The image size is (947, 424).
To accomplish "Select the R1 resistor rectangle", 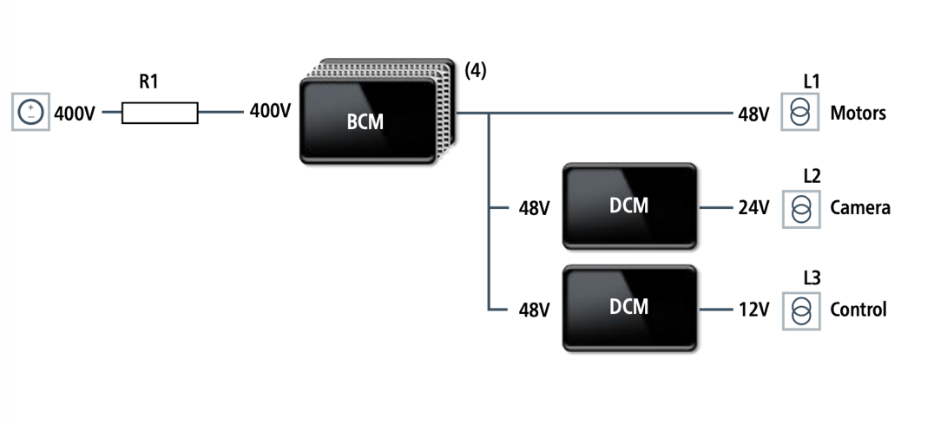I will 160,113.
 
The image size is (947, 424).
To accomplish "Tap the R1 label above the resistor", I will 149,83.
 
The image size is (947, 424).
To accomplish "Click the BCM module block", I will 366,121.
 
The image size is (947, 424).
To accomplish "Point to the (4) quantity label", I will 476,71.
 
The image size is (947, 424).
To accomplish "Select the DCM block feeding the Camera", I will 629,205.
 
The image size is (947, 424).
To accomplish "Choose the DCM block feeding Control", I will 629,307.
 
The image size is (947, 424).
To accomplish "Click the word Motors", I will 858,113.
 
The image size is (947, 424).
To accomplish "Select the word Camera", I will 859,208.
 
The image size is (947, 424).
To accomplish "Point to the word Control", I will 858,310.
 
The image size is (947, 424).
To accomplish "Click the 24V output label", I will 753,208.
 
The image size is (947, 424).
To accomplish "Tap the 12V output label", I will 753,310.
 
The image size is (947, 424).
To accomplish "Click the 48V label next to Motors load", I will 753,114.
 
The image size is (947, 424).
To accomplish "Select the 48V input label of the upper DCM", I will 534,209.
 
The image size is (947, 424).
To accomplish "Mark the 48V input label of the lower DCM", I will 534,310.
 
